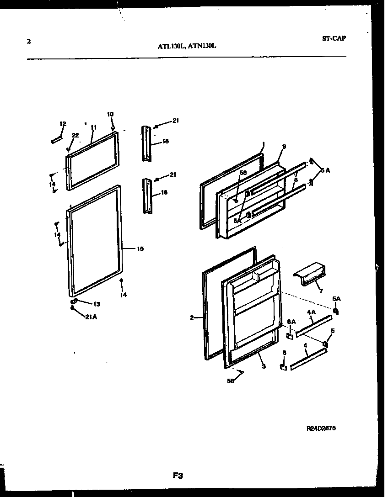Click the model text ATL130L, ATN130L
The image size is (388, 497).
coord(187,46)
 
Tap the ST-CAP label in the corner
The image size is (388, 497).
coord(334,38)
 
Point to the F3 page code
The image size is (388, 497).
coord(178,476)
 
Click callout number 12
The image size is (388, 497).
coord(63,123)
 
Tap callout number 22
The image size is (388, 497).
coord(75,135)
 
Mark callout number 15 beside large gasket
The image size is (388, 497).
coord(140,249)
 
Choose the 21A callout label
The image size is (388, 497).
coord(91,318)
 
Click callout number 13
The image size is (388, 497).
coord(97,304)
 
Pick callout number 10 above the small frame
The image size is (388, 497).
coord(110,114)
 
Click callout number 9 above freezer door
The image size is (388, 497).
coord(284,147)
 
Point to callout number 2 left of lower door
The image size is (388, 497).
coord(192,318)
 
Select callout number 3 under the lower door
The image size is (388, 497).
coord(264,366)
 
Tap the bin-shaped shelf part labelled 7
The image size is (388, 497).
coord(310,274)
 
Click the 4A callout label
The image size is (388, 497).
coord(311,312)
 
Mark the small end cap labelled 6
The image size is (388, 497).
coord(283,367)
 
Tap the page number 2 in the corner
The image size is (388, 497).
coord(29,41)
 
